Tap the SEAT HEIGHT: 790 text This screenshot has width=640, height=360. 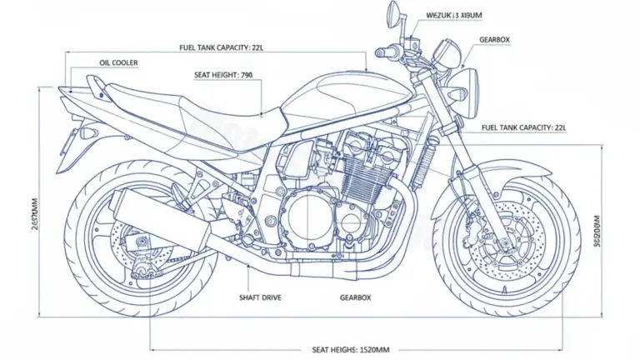point(222,75)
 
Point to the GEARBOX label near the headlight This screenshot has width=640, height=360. point(496,40)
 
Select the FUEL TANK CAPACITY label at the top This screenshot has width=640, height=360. point(221,47)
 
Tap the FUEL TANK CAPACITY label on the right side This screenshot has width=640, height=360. point(523,127)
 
